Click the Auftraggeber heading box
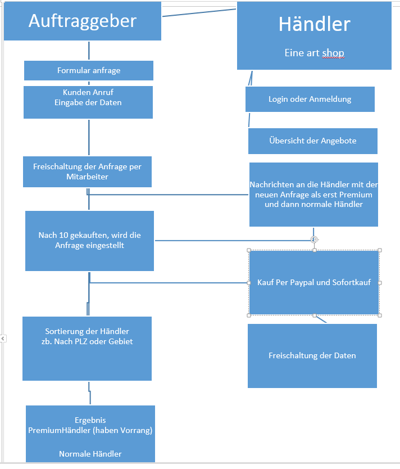[83, 21]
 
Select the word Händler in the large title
[314, 24]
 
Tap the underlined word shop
[333, 53]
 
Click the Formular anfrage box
[89, 70]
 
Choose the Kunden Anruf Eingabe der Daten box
[88, 102]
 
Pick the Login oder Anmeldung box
[310, 99]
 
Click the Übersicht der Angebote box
[312, 141]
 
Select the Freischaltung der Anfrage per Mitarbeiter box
[87, 172]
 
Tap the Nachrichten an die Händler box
[313, 194]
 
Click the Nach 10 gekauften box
[89, 241]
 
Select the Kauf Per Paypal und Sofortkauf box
[314, 282]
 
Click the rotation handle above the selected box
[315, 239]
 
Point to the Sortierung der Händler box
[87, 348]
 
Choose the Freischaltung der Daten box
[312, 355]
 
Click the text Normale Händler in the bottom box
[90, 454]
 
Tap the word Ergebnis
[90, 420]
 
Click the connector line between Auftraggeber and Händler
[199, 12]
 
